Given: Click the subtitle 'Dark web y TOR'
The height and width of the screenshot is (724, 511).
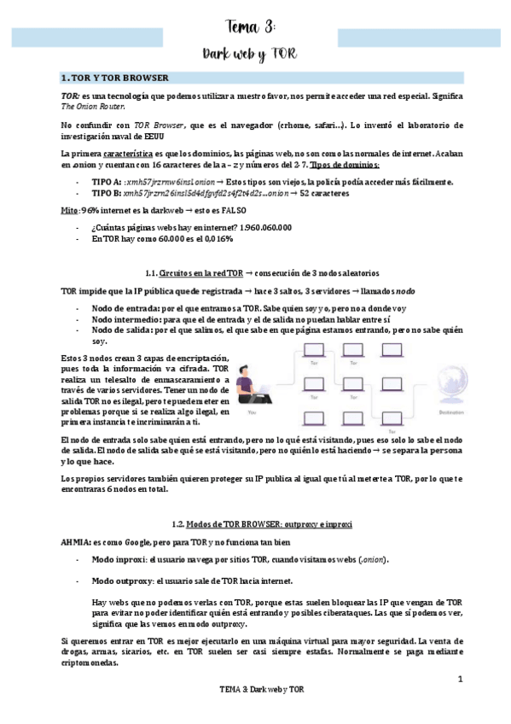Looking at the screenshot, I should click(x=251, y=55).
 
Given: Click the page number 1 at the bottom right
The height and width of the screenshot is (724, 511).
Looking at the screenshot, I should click(x=459, y=680).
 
